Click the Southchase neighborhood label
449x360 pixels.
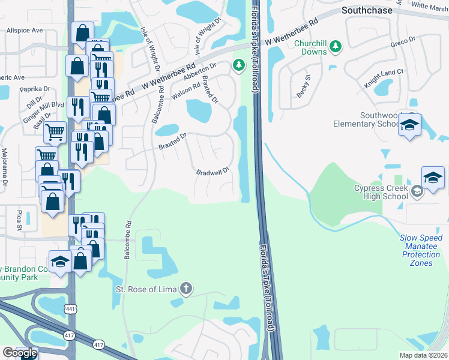click(366, 10)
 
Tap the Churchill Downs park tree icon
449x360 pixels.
click(337, 46)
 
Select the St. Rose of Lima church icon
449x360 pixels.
click(186, 289)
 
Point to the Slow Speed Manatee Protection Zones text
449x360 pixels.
click(421, 250)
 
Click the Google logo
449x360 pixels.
click(19, 353)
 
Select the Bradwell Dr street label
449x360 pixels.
click(212, 172)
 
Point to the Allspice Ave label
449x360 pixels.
click(25, 30)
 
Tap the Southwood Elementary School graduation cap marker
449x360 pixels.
click(410, 125)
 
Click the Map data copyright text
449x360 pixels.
click(423, 355)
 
